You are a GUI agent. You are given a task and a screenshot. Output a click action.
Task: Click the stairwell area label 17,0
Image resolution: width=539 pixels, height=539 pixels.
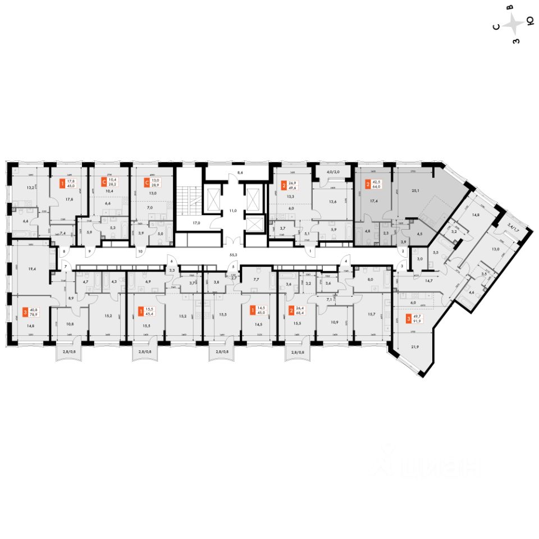click(x=197, y=223)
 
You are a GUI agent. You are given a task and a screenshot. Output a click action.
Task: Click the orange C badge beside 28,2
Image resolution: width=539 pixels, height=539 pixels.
click(x=103, y=181)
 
